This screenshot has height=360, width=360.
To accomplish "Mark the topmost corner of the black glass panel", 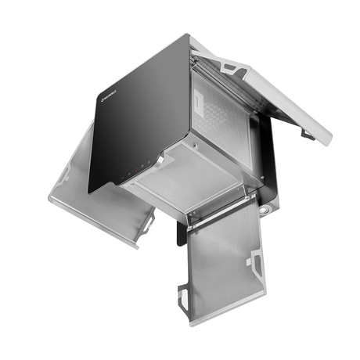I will (x=190, y=34).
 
